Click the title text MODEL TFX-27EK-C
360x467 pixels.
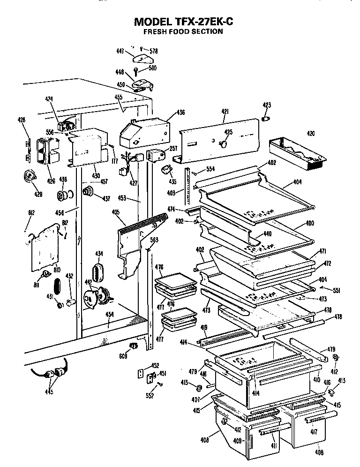(x=183, y=22)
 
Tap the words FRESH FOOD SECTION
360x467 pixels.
(x=182, y=32)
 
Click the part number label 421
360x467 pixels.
(x=225, y=111)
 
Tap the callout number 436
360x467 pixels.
(x=180, y=113)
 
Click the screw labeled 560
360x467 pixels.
(x=136, y=72)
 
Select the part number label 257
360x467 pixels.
(x=173, y=148)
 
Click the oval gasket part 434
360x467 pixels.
(x=98, y=271)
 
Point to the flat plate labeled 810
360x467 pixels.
(x=45, y=249)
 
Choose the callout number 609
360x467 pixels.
(x=123, y=356)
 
